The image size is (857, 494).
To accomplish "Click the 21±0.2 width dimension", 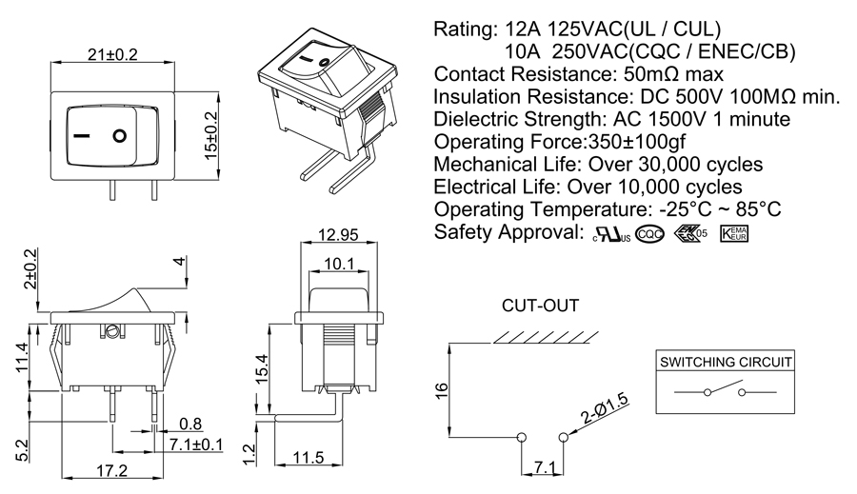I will pos(112,54).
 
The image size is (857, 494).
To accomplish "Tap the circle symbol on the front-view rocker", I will pos(119,135).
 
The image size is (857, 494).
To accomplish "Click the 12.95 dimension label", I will pos(338,234).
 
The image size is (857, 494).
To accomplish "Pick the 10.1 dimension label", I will pos(338,263).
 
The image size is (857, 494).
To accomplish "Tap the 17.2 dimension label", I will pos(111,470).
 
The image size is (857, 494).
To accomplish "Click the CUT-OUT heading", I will pos(540,306).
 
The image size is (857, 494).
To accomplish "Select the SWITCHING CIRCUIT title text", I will pos(727,362).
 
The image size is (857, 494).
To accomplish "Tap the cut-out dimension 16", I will pos(441,390).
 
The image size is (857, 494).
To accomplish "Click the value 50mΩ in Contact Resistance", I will pos(658,74).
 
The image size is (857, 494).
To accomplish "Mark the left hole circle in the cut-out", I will pos(520,437).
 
